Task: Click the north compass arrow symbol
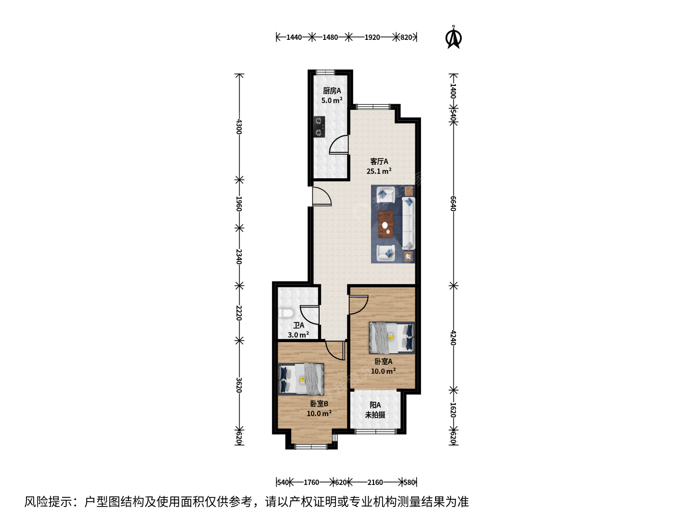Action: pos(453,38)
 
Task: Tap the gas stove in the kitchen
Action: pos(319,127)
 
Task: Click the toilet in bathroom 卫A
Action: pos(286,313)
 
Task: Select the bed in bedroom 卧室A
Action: pos(391,337)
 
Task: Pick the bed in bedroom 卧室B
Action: pos(301,379)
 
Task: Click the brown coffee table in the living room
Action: pos(386,224)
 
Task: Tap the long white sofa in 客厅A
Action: pos(408,223)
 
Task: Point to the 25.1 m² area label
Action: pos(379,171)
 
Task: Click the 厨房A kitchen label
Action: pos(332,91)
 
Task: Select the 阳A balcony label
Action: pos(375,405)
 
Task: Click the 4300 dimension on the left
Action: pos(239,126)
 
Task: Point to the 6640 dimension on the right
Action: pos(453,204)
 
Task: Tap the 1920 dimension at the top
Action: pos(372,37)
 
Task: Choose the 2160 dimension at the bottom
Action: pos(375,482)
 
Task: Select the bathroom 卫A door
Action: pos(309,315)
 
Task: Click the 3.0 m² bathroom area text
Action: pos(298,334)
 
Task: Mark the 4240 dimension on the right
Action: pos(453,338)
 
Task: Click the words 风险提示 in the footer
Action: pos(48,502)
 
